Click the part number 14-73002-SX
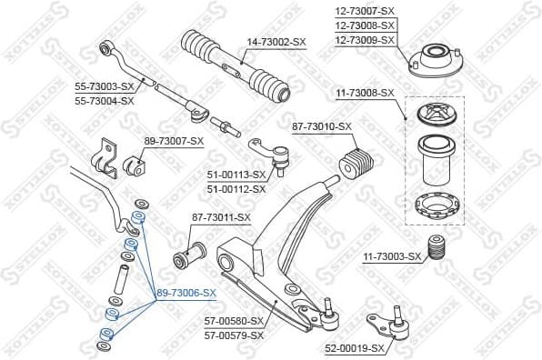pos(276,42)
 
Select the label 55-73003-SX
pos(105,87)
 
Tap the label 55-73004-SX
pos(105,100)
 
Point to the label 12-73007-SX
pos(366,11)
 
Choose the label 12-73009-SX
pos(366,39)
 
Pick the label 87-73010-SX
pos(322,126)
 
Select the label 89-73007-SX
pos(175,142)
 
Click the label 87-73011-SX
pos(221,218)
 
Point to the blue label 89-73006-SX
pos(186,293)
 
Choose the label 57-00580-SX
pos(234,321)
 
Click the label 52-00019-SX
pos(355,346)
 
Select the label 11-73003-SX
pos(392,257)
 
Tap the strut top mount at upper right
pos(430,61)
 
